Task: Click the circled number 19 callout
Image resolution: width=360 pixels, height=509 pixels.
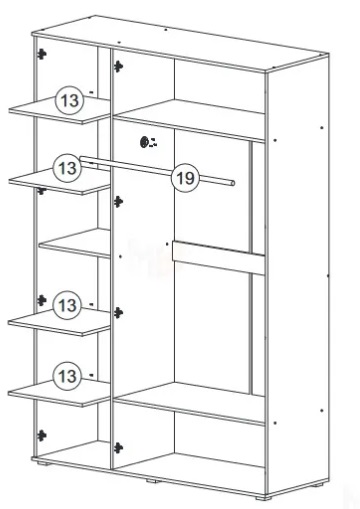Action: point(185,178)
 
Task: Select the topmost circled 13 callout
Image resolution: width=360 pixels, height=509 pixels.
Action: point(69,100)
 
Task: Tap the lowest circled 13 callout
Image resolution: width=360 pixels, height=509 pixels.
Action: point(67,376)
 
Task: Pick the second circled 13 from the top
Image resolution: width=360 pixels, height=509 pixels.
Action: point(67,168)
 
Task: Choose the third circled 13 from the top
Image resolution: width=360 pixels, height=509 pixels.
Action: point(67,305)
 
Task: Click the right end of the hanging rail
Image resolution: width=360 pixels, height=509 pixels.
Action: point(232,183)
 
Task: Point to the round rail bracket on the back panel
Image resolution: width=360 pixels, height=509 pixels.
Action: point(145,142)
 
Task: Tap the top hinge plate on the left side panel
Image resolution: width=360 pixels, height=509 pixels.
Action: point(41,54)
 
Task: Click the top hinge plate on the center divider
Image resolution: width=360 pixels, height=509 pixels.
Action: point(118,66)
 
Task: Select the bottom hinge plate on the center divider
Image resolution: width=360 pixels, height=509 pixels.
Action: point(118,448)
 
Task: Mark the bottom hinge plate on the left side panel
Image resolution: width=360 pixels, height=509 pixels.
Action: point(41,435)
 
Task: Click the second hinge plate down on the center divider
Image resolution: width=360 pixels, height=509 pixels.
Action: point(118,202)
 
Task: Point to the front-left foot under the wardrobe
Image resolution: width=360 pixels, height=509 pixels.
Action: point(44,463)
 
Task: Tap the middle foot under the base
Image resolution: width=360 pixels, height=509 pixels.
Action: point(153,481)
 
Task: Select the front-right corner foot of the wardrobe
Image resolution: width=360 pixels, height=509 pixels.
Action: point(263,498)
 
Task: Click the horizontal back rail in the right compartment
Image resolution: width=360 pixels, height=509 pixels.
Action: point(218,257)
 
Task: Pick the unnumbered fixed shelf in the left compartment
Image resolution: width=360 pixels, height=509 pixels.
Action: point(75,243)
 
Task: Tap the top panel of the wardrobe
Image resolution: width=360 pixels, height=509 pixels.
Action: point(180,43)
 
